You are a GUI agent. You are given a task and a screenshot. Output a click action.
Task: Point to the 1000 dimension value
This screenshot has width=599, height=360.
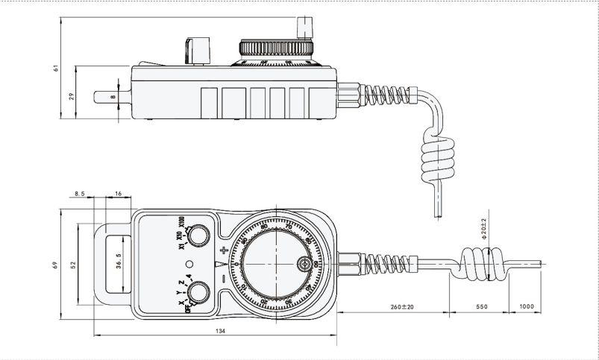coord(526,307)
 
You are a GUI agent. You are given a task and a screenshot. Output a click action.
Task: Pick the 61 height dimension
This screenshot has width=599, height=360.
coord(55,68)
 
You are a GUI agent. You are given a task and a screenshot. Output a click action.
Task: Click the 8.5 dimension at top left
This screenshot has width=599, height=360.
coord(79,193)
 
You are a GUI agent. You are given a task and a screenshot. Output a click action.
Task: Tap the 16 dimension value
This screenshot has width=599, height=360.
coord(118,193)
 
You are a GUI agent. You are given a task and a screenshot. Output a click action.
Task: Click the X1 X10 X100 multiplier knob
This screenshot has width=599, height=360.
coord(197,237)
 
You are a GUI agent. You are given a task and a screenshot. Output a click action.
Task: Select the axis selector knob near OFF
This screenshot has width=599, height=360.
coord(197,291)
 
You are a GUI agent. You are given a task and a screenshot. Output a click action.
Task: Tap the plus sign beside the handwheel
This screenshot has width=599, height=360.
coord(225,251)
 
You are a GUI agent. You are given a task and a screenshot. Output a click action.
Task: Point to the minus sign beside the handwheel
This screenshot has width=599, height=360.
coord(225,278)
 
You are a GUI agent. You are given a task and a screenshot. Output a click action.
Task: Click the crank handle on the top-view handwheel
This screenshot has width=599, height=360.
coord(305,264)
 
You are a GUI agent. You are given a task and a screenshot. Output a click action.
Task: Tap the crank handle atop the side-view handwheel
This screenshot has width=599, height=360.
coord(304,28)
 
